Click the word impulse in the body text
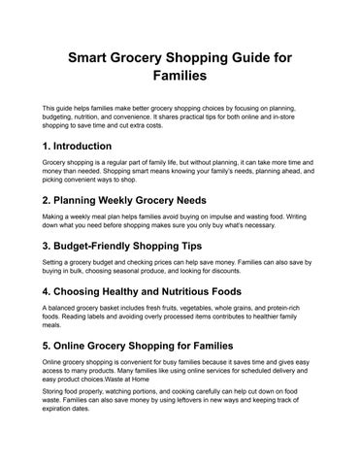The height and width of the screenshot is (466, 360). click(x=230, y=216)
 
